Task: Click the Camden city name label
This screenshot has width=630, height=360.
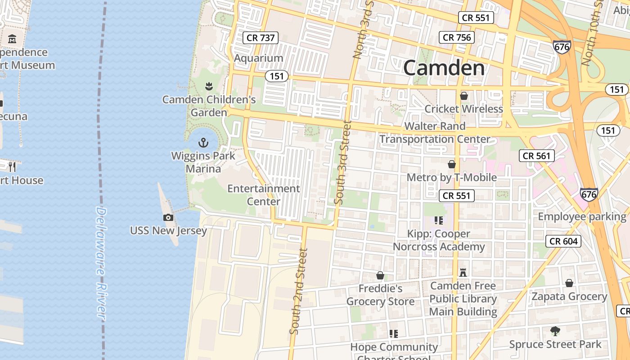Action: point(444,68)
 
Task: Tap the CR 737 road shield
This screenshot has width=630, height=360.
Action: point(261,38)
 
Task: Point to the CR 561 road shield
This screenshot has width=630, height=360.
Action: point(536,156)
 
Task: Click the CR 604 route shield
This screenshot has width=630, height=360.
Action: point(563,241)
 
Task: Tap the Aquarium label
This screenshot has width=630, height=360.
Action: point(258,58)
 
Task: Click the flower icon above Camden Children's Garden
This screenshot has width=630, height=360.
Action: point(208,85)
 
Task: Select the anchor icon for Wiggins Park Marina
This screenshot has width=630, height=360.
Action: point(203,143)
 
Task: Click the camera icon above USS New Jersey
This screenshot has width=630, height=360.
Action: point(168,218)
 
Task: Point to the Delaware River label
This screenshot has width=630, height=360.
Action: point(101,263)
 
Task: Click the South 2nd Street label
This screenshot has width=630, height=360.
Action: point(298,291)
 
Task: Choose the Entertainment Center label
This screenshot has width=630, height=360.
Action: point(264,194)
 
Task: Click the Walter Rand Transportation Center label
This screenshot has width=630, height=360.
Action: point(435,133)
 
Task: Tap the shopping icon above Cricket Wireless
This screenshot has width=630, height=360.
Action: point(463,96)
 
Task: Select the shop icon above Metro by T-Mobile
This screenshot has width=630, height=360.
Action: point(452,165)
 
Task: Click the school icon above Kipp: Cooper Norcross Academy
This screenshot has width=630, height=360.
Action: point(439,220)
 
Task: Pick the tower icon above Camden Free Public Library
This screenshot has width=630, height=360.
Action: point(463,272)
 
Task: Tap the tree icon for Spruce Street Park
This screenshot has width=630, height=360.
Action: point(555,331)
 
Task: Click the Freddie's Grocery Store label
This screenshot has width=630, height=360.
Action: point(380,295)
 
